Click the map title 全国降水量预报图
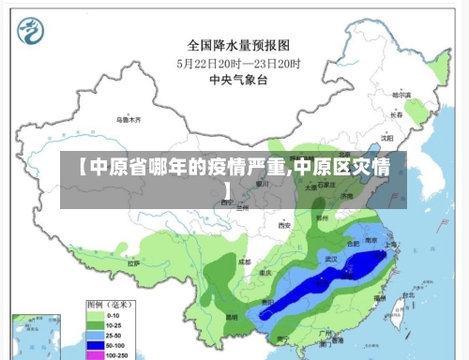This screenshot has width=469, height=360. [x=237, y=44]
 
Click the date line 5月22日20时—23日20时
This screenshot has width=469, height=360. [x=237, y=63]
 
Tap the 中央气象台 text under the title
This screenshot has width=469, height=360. [x=237, y=81]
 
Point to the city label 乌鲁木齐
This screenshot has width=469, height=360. [x=128, y=120]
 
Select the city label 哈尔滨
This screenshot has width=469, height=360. [x=401, y=96]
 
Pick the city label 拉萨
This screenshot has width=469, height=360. [x=138, y=264]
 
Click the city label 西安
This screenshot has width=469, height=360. [x=284, y=226]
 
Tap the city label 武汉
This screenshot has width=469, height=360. [x=329, y=257]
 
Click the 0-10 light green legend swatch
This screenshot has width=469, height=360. [x=94, y=316]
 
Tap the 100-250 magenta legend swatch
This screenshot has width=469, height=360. [x=94, y=355]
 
